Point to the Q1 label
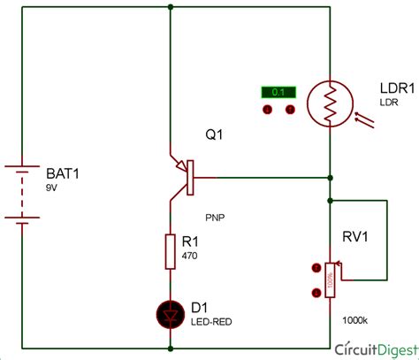point(215,137)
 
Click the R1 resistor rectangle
point(169,251)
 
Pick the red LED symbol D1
point(169,311)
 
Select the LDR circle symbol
point(329,105)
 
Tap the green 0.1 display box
point(278,92)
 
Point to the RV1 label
point(356,236)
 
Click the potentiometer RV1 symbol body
point(330,280)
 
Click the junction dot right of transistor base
point(330,176)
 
